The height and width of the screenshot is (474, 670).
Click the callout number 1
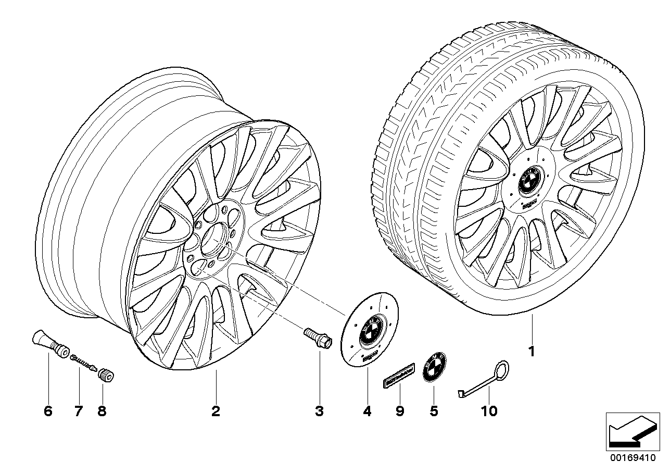coord(531,352)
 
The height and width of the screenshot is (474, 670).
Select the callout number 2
coord(216,411)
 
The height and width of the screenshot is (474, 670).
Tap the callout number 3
coord(319,411)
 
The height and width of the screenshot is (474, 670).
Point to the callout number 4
coord(367,411)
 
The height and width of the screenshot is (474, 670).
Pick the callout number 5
coord(434,411)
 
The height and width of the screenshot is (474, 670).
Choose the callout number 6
coord(48,411)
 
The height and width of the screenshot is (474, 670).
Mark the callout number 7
coord(78,411)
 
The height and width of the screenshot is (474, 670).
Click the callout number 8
coord(102,411)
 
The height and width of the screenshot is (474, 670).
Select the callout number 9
coord(399,411)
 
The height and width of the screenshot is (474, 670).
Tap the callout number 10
coord(489,411)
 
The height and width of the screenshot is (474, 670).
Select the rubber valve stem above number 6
coord(50,344)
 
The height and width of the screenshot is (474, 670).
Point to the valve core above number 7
coord(83,361)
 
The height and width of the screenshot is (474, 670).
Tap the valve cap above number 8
coord(107,375)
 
